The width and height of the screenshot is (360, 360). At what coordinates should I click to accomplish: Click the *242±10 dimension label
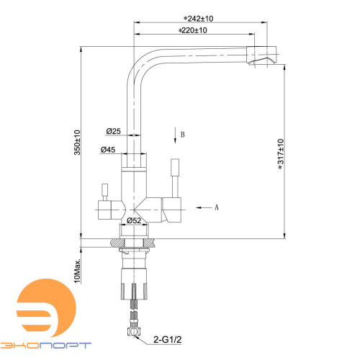[198, 19]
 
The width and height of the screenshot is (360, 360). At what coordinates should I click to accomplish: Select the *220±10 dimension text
[192, 30]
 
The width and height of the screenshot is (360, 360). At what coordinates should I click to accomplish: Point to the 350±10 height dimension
[77, 143]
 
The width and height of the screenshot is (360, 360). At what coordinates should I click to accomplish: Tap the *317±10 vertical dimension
[281, 154]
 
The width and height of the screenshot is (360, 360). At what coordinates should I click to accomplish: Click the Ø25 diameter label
[113, 131]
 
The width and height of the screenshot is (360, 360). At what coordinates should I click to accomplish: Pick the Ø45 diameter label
[108, 150]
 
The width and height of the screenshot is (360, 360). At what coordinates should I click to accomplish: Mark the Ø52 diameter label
[134, 220]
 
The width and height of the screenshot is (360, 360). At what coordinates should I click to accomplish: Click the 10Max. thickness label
[77, 271]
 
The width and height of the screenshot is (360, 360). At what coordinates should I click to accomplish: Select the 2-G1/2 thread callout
[168, 339]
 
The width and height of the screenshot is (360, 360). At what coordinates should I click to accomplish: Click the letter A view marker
[217, 207]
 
